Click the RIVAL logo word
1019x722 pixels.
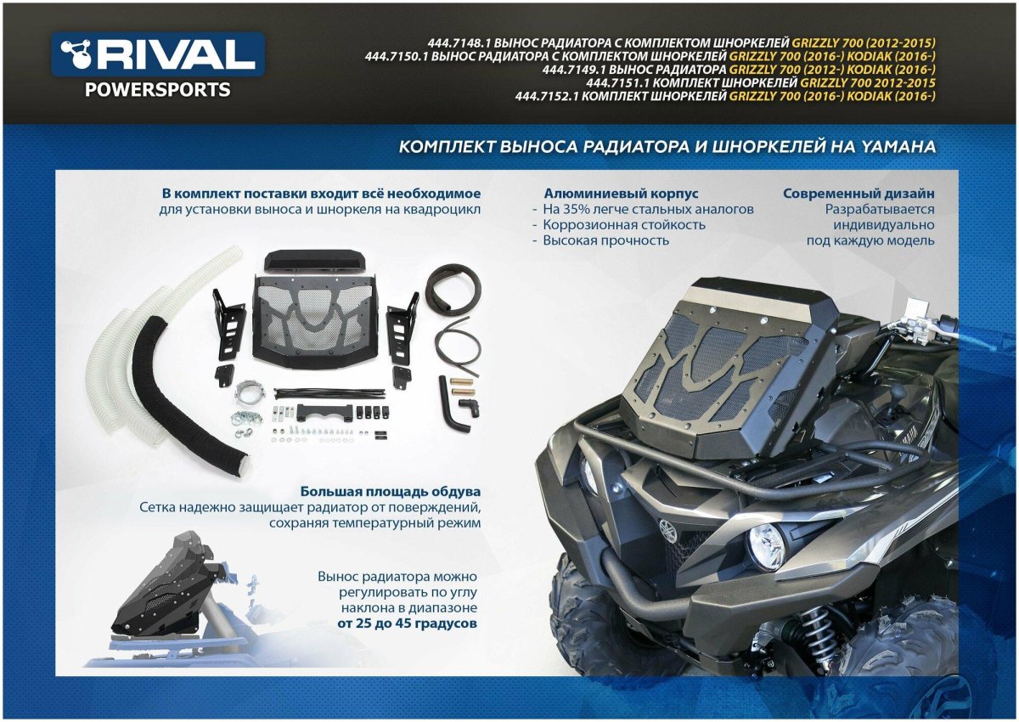coord(177,56)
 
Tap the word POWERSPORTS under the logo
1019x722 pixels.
coord(157,90)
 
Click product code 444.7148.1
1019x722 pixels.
coord(458,42)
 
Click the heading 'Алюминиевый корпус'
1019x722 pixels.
coord(621,194)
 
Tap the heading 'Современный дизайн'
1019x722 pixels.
coord(859,194)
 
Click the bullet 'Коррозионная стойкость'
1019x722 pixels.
coord(624,224)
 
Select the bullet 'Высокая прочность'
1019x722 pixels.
coord(606,240)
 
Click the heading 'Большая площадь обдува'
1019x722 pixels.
coord(391,492)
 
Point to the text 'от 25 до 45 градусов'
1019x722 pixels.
coord(407,623)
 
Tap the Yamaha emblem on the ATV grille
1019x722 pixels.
coord(667,534)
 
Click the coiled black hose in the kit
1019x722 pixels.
coord(450,290)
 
